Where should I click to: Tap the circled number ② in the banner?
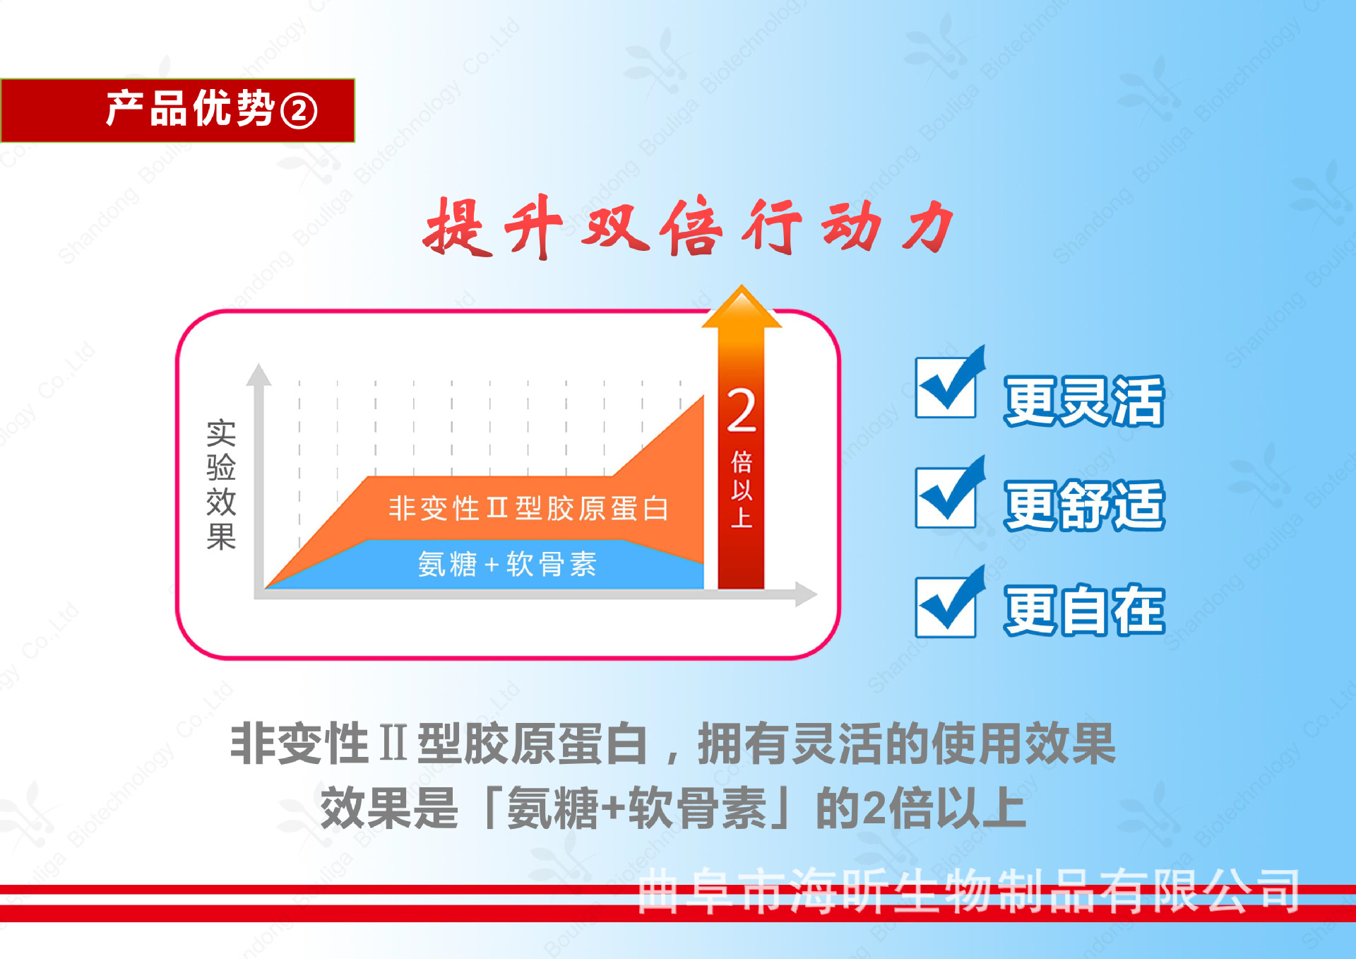click(299, 112)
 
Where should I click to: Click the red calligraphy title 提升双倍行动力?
click(689, 227)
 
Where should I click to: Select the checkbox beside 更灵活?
click(945, 387)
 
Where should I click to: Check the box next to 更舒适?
click(945, 498)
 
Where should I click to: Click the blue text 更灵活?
click(1084, 401)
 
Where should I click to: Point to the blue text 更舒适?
click(1084, 505)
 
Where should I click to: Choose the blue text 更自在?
click(1084, 610)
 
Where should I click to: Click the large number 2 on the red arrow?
click(742, 411)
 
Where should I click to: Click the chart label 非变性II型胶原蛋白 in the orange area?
click(528, 508)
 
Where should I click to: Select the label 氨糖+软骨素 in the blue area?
click(507, 564)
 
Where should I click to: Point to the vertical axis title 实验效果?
click(221, 484)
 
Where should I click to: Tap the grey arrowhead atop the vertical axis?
click(258, 375)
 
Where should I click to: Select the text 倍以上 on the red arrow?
click(742, 489)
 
